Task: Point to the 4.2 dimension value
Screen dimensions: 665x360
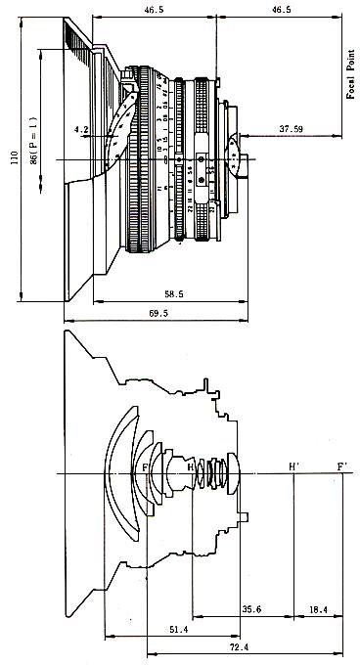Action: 81,128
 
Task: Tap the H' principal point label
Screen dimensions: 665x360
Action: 293,466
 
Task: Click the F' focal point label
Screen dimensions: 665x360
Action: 341,466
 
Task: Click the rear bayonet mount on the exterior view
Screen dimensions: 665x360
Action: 235,156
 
